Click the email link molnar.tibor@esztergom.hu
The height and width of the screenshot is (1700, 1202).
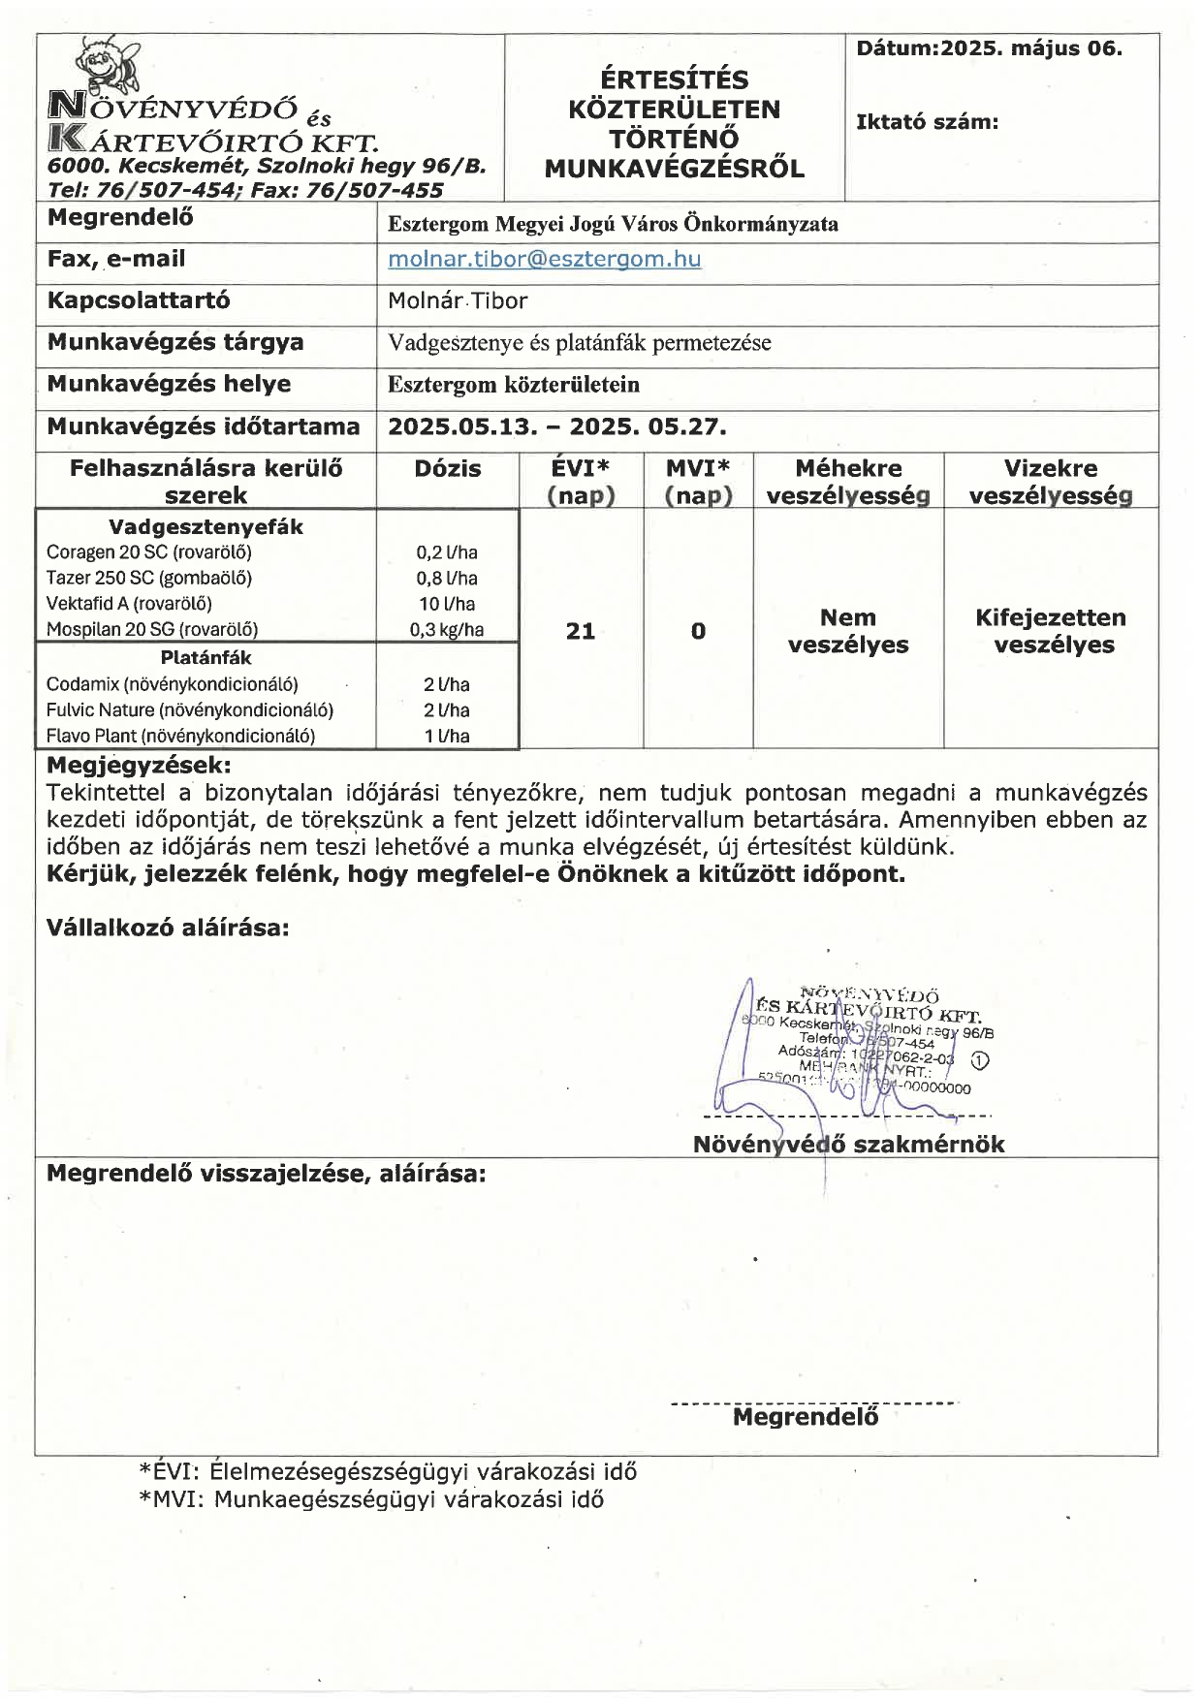click(x=544, y=259)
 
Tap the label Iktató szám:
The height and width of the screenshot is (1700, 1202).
click(x=927, y=122)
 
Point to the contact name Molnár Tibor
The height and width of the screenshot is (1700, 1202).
click(x=458, y=300)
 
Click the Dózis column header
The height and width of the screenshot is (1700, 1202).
click(x=447, y=469)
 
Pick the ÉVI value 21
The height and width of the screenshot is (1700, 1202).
click(x=580, y=631)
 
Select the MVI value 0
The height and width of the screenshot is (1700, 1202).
click(x=698, y=631)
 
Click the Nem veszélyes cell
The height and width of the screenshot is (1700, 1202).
click(x=848, y=631)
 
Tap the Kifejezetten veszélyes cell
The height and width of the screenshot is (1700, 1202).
click(x=1051, y=631)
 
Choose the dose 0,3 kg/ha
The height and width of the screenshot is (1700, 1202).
click(x=447, y=629)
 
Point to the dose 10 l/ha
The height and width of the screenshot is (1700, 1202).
click(x=447, y=604)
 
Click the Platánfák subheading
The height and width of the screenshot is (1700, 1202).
click(x=206, y=657)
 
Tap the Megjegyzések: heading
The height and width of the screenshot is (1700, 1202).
click(x=139, y=765)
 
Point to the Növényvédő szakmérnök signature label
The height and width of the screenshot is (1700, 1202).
click(x=848, y=1145)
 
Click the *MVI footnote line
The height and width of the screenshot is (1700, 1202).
click(x=371, y=1499)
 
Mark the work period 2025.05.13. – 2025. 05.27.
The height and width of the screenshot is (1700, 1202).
click(x=556, y=426)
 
